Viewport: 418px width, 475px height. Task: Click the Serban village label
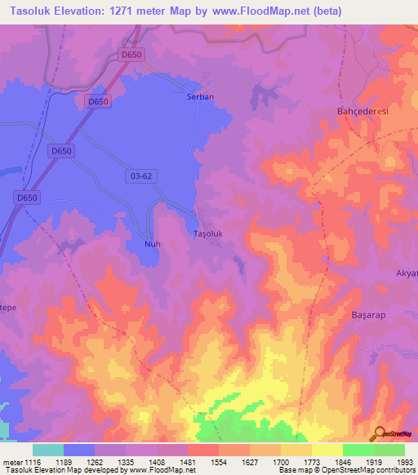(200, 96)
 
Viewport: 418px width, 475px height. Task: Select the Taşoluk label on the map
(207, 234)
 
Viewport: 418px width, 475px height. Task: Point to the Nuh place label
(140, 244)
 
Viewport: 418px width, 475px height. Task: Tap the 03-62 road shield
(141, 175)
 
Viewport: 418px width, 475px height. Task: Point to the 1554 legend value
(219, 463)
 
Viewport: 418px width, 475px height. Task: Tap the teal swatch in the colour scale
(48, 450)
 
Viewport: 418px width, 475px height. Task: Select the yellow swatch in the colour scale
(327, 450)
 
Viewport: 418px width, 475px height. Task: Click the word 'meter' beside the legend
(12, 463)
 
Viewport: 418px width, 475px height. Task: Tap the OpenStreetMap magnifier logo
(380, 433)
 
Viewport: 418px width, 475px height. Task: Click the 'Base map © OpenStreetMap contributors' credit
(346, 471)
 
